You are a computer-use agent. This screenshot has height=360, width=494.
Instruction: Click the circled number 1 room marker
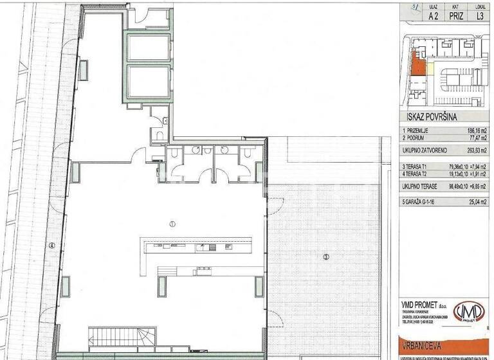(x=172, y=224)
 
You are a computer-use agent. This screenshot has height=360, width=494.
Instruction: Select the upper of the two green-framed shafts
(x=148, y=46)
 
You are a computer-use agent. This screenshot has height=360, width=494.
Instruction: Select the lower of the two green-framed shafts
(x=148, y=80)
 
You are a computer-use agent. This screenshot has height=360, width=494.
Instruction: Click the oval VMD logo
(x=469, y=312)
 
